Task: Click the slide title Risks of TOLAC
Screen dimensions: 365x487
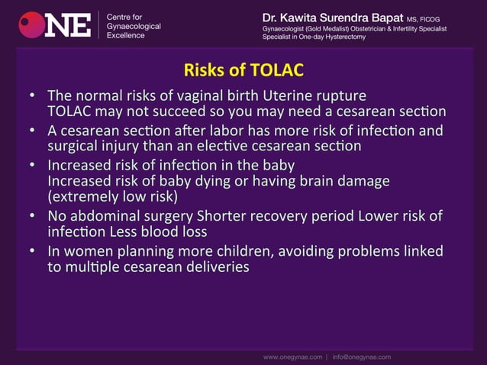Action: tap(243, 71)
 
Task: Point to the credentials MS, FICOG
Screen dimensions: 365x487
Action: tap(424, 18)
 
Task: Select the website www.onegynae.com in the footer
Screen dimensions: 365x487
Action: tap(293, 357)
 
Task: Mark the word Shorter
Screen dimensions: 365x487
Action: tap(229, 216)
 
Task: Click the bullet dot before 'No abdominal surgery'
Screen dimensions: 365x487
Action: tap(32, 217)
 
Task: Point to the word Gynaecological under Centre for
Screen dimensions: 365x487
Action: tap(133, 26)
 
